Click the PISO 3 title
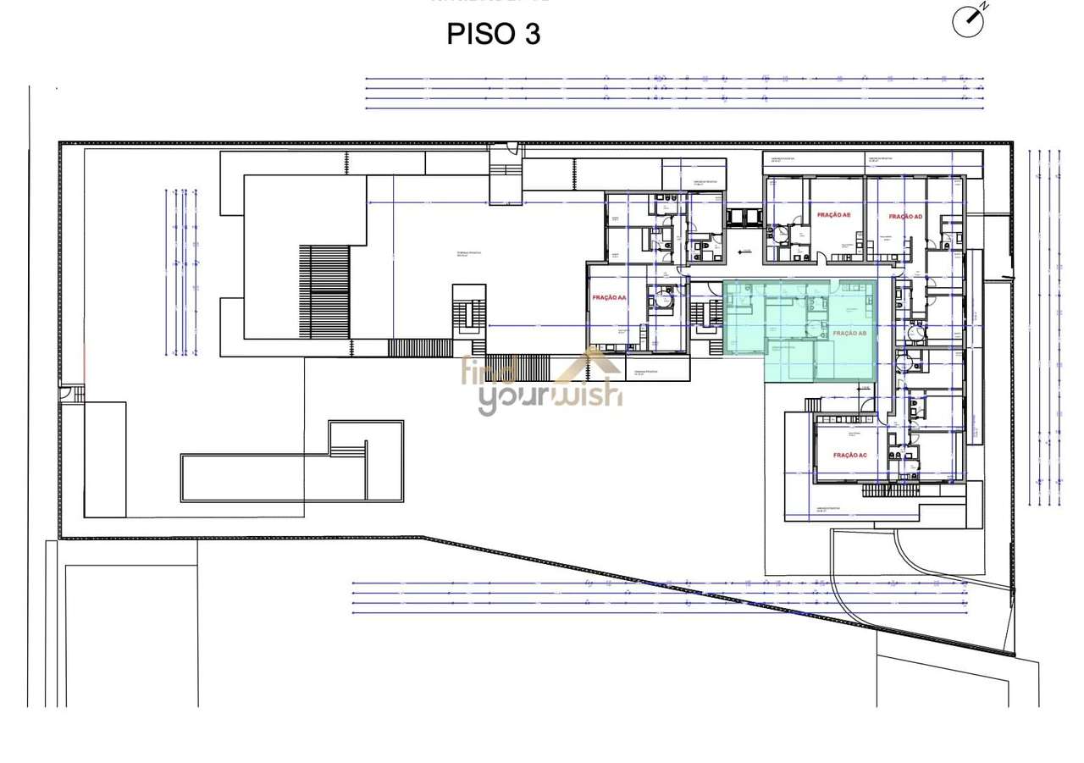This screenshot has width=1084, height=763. [x=493, y=35]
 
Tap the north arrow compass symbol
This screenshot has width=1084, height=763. [x=968, y=21]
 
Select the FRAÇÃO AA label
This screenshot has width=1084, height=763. [x=609, y=298]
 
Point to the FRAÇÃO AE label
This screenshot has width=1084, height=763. [x=833, y=215]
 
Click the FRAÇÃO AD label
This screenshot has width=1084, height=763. [x=905, y=217]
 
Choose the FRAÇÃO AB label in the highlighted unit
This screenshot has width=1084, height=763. [x=849, y=334]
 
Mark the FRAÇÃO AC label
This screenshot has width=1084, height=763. [x=849, y=456]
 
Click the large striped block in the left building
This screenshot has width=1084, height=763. [x=324, y=291]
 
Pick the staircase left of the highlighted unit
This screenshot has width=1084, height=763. [x=702, y=314]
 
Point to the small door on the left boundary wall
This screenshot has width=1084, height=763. [x=67, y=394]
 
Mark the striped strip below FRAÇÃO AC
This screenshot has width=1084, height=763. [x=889, y=489]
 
